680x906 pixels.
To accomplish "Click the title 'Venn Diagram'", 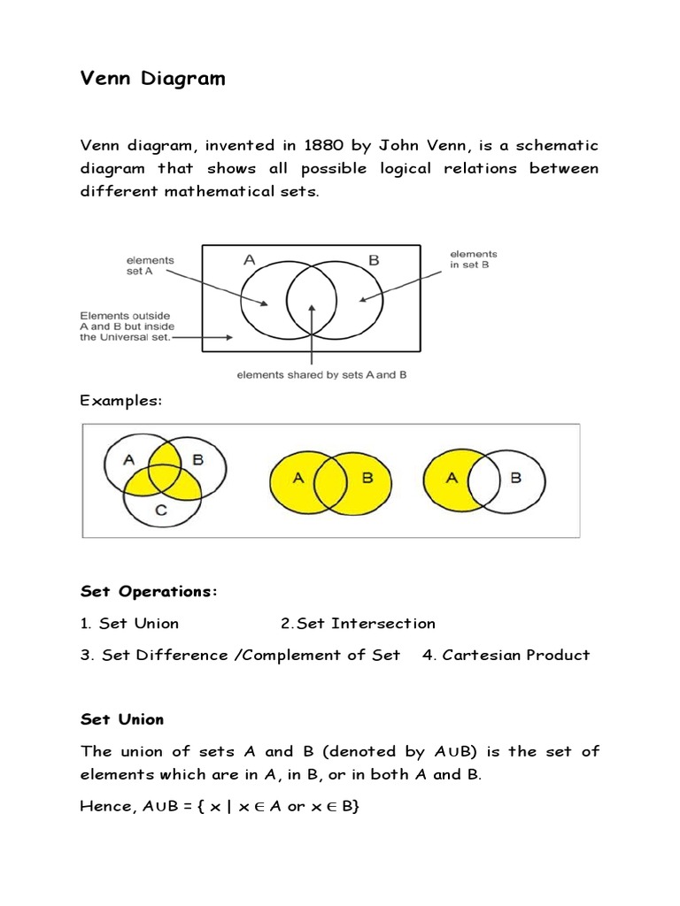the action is click(x=152, y=80).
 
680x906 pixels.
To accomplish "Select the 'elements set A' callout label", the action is click(x=151, y=265).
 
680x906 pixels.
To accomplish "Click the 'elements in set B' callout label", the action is click(x=474, y=258).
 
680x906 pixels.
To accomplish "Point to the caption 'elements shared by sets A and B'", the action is click(x=321, y=375).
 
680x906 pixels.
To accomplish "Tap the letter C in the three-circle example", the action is click(x=160, y=511).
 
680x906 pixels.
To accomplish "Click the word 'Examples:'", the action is click(x=121, y=401).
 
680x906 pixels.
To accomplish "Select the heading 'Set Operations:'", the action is click(x=148, y=590).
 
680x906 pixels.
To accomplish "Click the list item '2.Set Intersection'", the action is click(x=358, y=623).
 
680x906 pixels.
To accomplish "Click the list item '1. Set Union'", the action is click(x=129, y=623).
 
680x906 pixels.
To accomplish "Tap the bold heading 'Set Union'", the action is click(x=122, y=719).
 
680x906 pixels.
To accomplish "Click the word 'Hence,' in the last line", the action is click(x=104, y=806).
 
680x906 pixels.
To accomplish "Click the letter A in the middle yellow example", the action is click(x=298, y=478).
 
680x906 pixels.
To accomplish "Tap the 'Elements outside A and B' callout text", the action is click(x=126, y=326).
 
